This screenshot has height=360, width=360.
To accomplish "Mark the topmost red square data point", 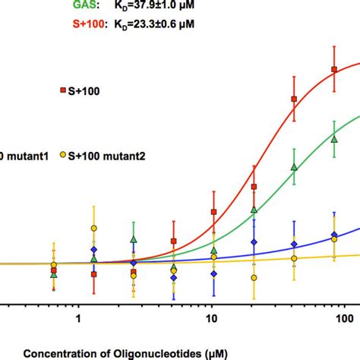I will click(x=333, y=70).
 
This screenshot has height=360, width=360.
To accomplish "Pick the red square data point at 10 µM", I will click(x=213, y=213).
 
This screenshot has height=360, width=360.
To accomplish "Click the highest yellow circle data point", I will click(x=93, y=228).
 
